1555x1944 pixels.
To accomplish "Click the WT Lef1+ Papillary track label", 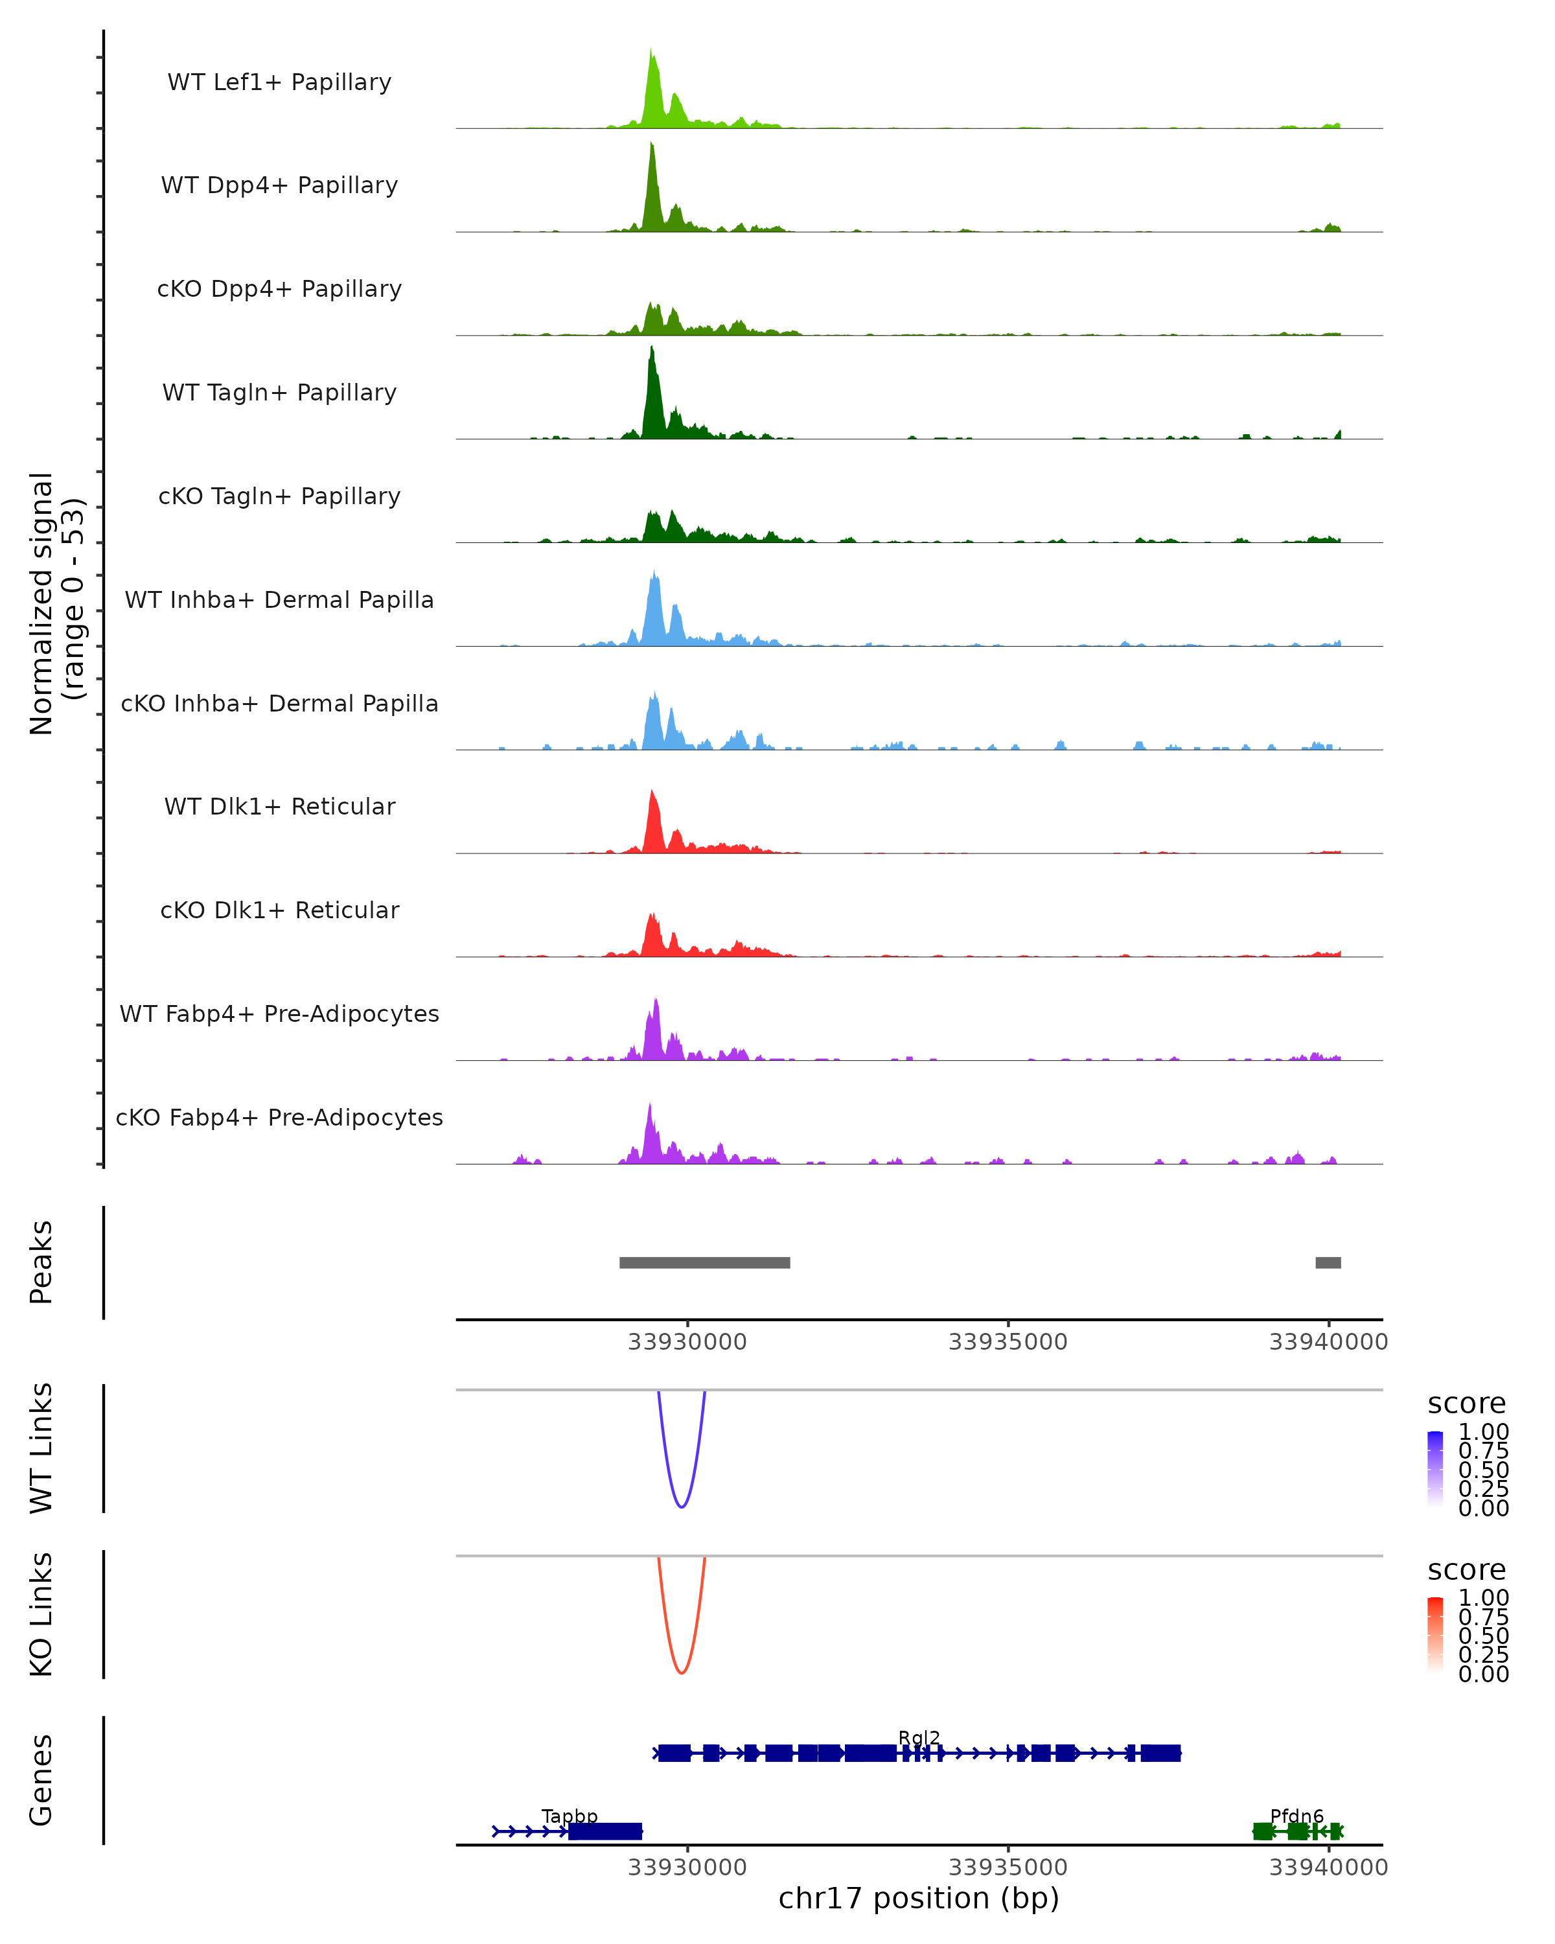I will pyautogui.click(x=279, y=82).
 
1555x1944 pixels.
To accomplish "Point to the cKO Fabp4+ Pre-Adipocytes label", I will pyautogui.click(x=279, y=1117).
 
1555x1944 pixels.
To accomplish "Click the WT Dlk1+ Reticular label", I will pyautogui.click(x=279, y=806).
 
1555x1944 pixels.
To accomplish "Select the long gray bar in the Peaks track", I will pyautogui.click(x=704, y=1262).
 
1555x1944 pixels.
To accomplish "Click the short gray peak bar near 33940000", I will pyautogui.click(x=1328, y=1262).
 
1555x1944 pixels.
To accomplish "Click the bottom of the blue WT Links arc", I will pyautogui.click(x=682, y=1506).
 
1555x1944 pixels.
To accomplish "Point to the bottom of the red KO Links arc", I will pyautogui.click(x=682, y=1672).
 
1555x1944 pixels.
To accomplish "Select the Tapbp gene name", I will pyautogui.click(x=569, y=1816).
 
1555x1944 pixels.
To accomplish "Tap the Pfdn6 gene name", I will pyautogui.click(x=1296, y=1816).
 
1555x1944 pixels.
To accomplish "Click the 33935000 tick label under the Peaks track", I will pyautogui.click(x=1008, y=1342).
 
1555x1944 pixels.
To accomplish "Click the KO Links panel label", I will pyautogui.click(x=41, y=1614).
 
